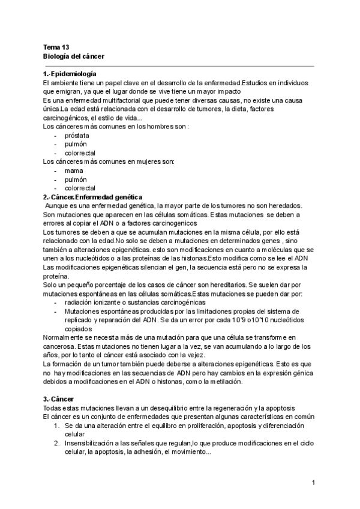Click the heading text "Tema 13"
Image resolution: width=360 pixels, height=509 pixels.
56,46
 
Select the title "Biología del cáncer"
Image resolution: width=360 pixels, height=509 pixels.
74,56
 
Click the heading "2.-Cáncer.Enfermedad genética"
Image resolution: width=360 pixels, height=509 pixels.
92,197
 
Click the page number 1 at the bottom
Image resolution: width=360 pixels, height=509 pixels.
313,483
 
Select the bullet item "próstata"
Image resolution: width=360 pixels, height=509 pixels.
76,136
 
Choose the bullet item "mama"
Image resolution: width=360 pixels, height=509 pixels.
73,170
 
